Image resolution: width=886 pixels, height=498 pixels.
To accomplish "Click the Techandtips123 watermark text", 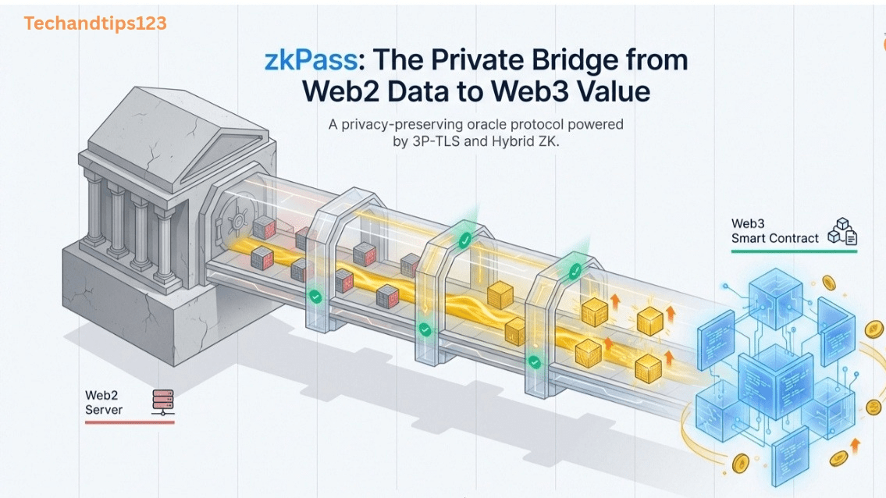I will tap(95, 23).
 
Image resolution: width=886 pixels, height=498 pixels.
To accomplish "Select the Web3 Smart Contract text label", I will tap(775, 231).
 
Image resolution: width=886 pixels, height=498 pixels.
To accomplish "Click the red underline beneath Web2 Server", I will tap(129, 422).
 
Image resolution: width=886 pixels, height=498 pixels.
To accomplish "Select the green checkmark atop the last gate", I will tap(575, 270).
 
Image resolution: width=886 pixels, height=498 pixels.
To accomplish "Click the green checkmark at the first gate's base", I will tap(315, 296).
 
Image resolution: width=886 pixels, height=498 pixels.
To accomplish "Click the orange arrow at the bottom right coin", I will tap(856, 446).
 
